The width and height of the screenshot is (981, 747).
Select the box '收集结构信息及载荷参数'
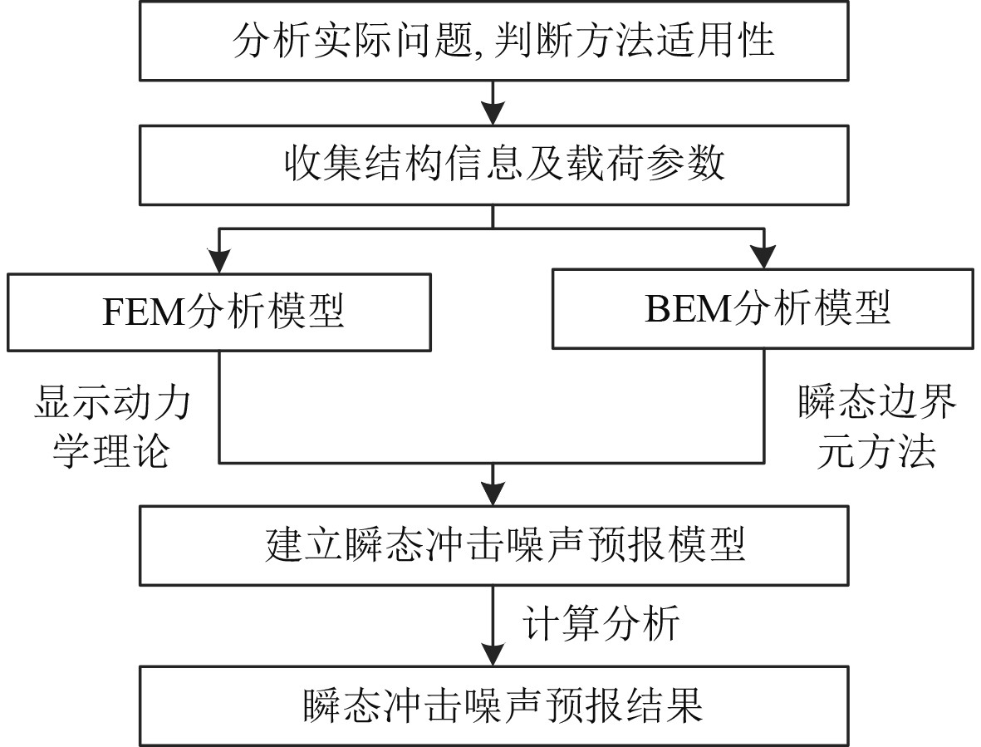coord(493,165)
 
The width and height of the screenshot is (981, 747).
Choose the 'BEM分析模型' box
coord(764,307)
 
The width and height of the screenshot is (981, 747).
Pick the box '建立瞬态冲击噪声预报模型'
coord(493,546)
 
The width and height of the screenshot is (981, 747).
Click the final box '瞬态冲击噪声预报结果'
coord(493,705)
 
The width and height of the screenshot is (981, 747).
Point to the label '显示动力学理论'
coord(111,429)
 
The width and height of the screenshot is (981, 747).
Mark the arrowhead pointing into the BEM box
coord(764,258)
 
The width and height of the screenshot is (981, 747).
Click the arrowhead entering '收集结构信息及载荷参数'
coord(493,115)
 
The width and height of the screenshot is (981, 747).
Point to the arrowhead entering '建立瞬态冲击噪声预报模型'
coord(493,495)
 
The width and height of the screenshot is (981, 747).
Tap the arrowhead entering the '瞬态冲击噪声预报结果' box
coord(493,655)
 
